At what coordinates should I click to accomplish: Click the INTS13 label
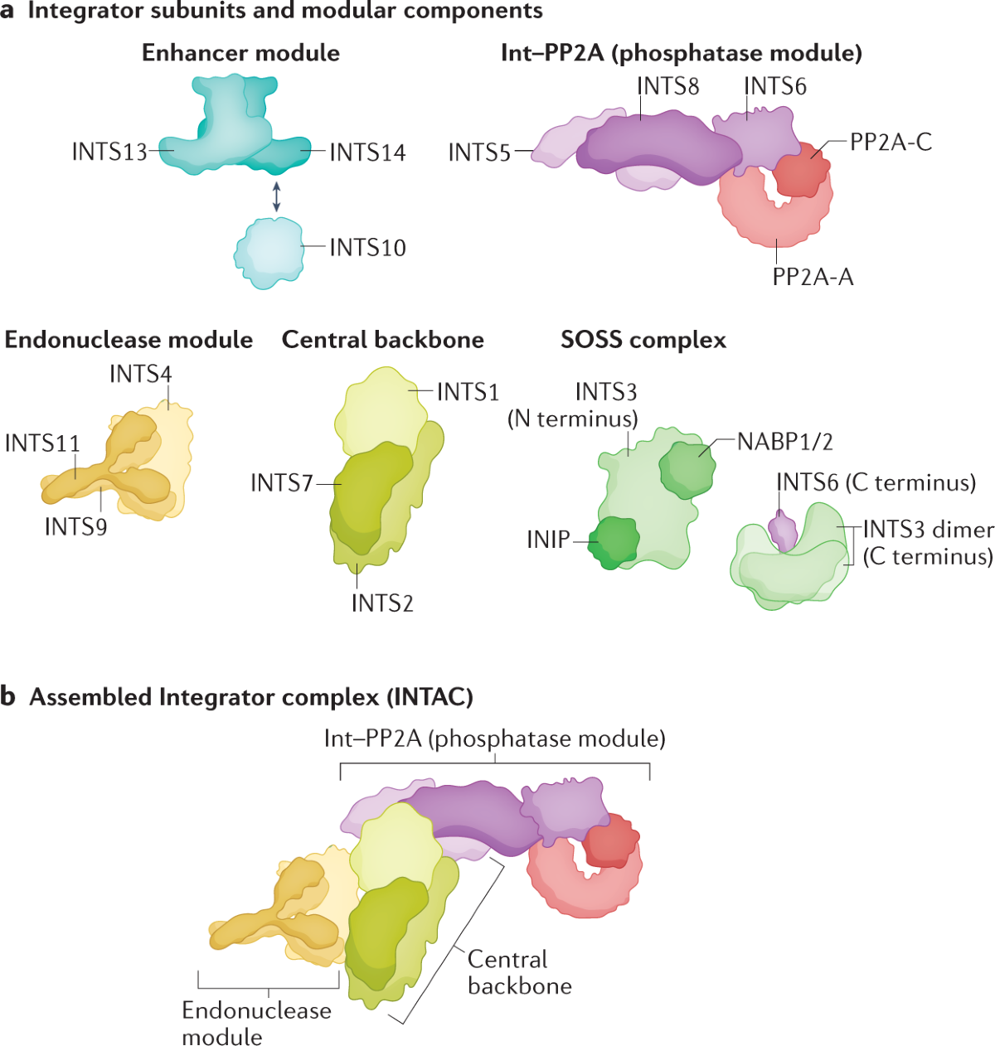point(109,153)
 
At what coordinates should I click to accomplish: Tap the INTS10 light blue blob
point(269,252)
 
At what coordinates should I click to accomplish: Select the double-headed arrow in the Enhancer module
point(276,196)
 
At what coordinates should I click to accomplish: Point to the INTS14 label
point(367,153)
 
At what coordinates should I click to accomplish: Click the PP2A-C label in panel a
point(891,143)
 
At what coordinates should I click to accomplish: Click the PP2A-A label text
point(813,277)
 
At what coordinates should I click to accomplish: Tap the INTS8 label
point(667,86)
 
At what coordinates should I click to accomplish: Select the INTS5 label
point(479,153)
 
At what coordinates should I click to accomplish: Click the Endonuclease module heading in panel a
point(129,340)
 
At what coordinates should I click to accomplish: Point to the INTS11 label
point(42,443)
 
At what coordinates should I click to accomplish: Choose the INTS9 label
point(75,526)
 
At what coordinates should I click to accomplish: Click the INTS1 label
point(468,392)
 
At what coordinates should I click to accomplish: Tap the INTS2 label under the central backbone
point(382,603)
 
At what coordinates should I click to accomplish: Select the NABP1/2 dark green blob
point(687,469)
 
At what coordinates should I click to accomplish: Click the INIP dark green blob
point(614,542)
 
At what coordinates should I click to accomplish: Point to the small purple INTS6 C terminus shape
point(781,530)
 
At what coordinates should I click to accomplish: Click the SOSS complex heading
point(643,340)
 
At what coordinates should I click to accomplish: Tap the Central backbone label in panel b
point(519,972)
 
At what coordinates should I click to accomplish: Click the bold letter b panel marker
point(9,696)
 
